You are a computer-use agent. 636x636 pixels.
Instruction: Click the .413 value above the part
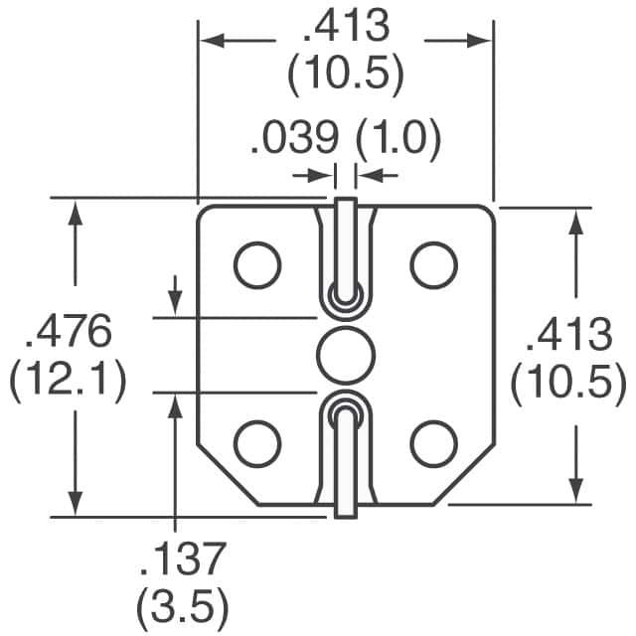click(346, 27)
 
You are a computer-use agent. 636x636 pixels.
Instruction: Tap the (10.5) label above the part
click(346, 73)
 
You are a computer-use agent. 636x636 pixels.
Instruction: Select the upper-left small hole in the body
click(257, 263)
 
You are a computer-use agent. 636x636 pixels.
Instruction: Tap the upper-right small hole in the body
click(434, 263)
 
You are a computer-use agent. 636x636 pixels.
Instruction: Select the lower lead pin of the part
click(345, 457)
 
